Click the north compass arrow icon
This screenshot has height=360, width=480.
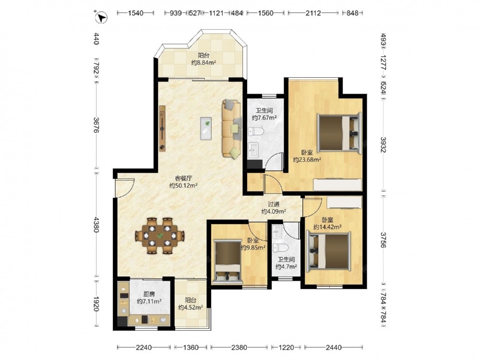pos(101,17)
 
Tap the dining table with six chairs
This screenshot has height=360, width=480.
pos(160,235)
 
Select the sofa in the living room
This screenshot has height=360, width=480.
pos(232,129)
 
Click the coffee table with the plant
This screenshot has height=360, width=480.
pos(206,129)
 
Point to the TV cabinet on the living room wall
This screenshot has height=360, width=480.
pos(162,128)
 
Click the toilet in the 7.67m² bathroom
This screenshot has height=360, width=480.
pos(256,132)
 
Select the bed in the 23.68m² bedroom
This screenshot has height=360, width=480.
pos(339,132)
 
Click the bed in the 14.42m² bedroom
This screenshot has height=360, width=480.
pos(329,252)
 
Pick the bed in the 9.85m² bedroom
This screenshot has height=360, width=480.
pos(228,261)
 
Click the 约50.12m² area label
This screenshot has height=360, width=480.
pos(183,185)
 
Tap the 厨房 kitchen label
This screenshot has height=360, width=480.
pos(149,294)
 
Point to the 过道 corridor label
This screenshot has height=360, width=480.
pos(274,204)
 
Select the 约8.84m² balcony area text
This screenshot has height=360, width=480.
pos(204,62)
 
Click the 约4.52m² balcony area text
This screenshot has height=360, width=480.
pos(191,307)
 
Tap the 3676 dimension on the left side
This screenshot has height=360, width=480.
pos(96,125)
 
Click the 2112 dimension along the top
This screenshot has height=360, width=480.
pos(313,13)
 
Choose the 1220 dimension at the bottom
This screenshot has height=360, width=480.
pos(286,348)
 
